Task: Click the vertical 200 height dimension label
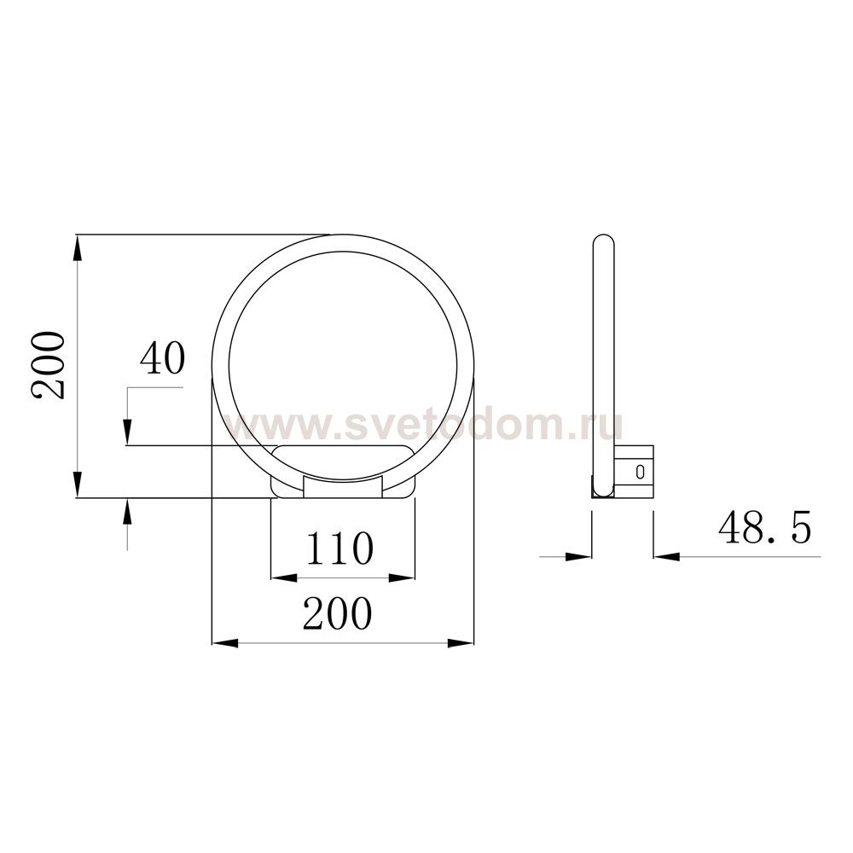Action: (48, 366)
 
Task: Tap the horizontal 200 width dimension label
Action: (337, 613)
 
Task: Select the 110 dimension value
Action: (340, 548)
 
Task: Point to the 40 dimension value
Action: (163, 358)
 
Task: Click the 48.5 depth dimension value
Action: (764, 527)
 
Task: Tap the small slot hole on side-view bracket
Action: (640, 472)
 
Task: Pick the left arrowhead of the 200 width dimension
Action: (224, 643)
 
